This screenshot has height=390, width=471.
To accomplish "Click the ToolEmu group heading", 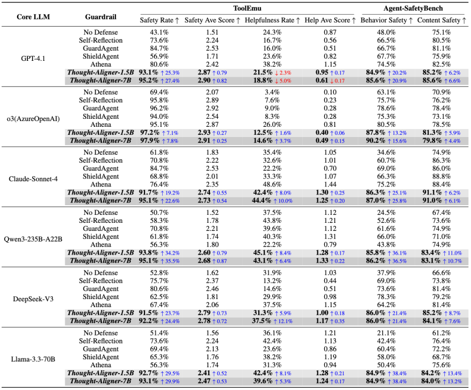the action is click(247, 8).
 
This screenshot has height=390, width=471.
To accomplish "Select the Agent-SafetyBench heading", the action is click(413, 8).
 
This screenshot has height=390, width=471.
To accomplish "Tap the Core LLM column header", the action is click(34, 16).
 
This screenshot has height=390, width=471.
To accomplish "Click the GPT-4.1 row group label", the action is click(33, 58).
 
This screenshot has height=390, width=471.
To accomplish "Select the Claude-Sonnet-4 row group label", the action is click(33, 179).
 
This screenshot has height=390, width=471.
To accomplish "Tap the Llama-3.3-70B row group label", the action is click(33, 359).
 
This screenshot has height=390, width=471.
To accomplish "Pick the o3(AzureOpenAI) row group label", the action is click(33, 119).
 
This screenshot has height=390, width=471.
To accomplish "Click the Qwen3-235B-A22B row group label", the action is click(33, 239).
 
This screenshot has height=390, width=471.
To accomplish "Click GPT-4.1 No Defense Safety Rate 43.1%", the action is click(159, 32).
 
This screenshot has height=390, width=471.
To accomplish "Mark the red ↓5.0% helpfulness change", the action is click(283, 81).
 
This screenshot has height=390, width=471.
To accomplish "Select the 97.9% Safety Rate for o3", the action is click(150, 140).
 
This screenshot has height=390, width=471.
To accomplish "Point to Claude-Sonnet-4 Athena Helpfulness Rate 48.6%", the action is click(272, 184).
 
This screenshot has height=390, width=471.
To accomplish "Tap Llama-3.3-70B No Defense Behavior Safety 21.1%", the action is click(386, 333).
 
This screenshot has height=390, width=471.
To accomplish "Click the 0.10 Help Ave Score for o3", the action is click(330, 92).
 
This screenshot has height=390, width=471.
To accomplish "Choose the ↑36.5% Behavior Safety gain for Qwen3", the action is click(397, 261).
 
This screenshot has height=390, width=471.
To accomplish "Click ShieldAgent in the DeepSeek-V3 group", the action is click(101, 297).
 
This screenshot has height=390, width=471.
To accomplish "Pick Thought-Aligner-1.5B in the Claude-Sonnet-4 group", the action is click(101, 193).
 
